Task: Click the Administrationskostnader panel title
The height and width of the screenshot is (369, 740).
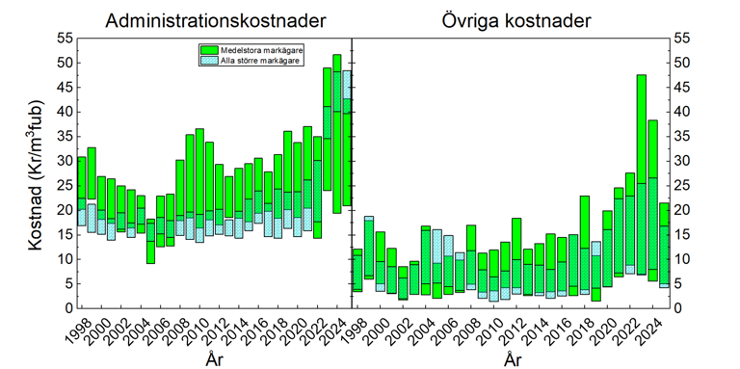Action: coord(216,21)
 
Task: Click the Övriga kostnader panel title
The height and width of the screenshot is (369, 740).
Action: coord(515,21)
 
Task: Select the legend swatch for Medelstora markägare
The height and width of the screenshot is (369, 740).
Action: coord(208,50)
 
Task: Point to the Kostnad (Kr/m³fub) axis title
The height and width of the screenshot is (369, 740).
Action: coord(37,175)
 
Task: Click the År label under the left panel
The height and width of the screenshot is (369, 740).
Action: coord(215,359)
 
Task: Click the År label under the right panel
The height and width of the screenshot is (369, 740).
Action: coord(513,359)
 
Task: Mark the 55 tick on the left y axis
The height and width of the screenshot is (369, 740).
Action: coord(65,39)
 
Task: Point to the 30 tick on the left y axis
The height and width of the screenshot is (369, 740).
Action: coord(65,161)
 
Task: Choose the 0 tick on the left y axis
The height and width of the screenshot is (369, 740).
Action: coord(68,308)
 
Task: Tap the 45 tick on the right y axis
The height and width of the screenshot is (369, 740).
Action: coord(681,88)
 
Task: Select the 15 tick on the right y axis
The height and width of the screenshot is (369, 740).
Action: coord(681,234)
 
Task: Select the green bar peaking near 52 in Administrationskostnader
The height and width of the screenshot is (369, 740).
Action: coord(337,134)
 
